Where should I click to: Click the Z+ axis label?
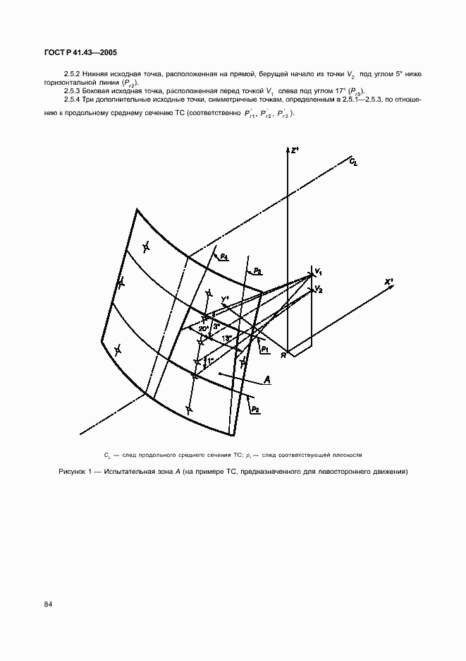pos(295,150)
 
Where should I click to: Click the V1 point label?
pos(318,272)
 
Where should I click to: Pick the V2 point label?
pos(318,289)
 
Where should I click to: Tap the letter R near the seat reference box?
pos(283,355)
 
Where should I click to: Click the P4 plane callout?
pos(223,257)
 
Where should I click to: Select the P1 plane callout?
pos(264,349)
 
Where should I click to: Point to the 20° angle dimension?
pos(203,329)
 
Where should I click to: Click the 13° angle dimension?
pos(226,339)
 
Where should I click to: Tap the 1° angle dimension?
pos(209,362)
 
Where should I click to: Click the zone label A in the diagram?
pos(268,381)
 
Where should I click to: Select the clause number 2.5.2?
pos(74,73)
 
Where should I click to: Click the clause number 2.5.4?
pos(74,100)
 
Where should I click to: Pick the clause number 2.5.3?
pos(74,90)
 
